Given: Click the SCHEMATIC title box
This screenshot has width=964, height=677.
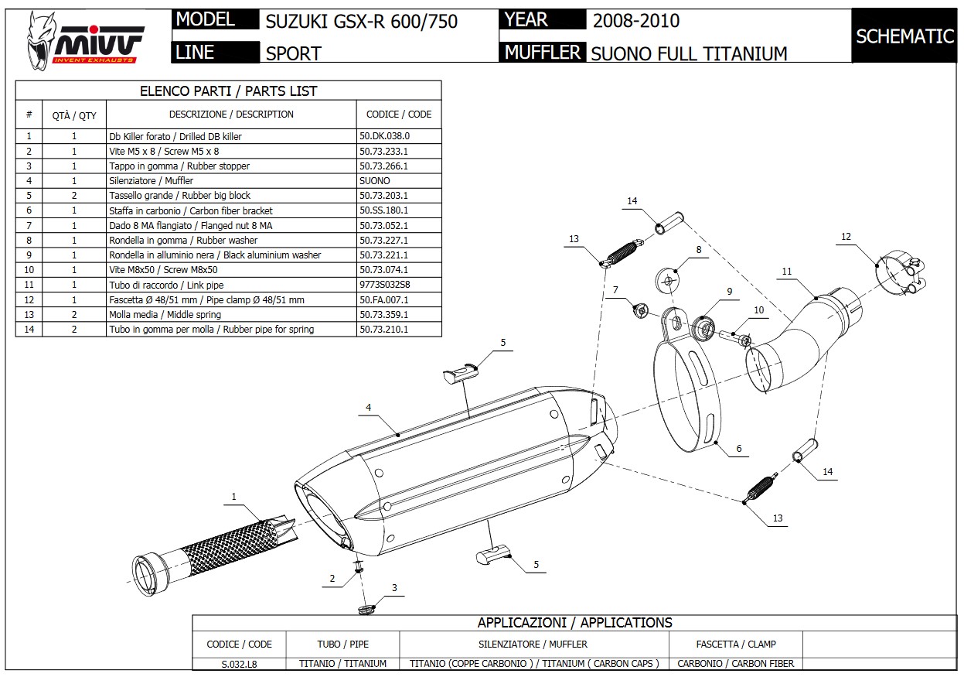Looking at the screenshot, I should pyautogui.click(x=904, y=36).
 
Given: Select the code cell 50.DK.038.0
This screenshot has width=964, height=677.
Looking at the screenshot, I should pyautogui.click(x=384, y=136).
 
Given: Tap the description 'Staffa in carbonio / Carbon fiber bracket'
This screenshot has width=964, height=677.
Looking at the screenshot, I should pyautogui.click(x=190, y=210).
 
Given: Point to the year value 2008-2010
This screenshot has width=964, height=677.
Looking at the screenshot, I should pyautogui.click(x=636, y=20).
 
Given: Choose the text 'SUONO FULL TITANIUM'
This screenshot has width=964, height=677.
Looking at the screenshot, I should pyautogui.click(x=689, y=53).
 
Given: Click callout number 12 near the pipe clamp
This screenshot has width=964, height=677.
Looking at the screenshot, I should pyautogui.click(x=846, y=237).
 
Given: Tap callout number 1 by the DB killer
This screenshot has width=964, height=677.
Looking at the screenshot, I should pyautogui.click(x=233, y=497).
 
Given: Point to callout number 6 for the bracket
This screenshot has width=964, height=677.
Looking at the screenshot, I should pyautogui.click(x=738, y=449).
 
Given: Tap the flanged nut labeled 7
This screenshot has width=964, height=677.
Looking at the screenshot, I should pyautogui.click(x=640, y=310).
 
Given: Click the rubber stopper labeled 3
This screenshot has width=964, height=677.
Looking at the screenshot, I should pyautogui.click(x=369, y=609).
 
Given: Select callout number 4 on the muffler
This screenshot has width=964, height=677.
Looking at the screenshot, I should pyautogui.click(x=369, y=407).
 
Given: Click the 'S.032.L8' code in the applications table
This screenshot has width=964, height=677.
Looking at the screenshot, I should pyautogui.click(x=239, y=663).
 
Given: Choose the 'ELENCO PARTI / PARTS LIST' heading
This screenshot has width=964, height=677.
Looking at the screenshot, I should pyautogui.click(x=228, y=91).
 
